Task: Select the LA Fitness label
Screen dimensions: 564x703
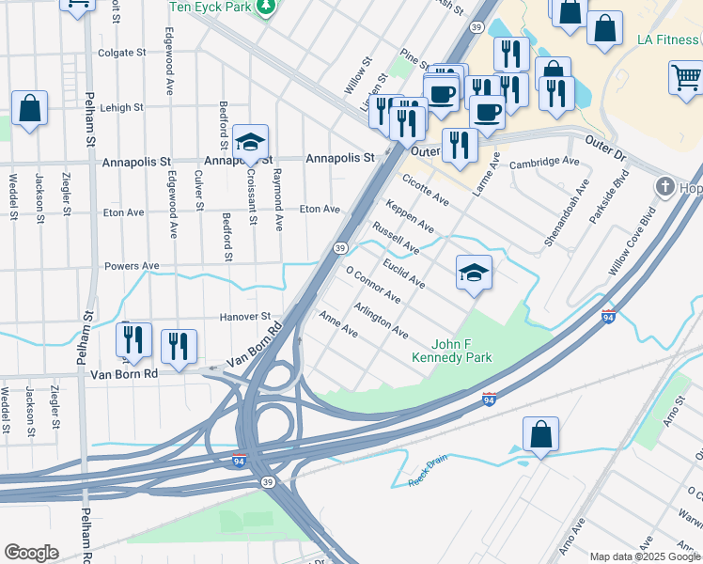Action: coord(666,39)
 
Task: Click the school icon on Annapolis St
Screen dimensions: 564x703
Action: coord(251,142)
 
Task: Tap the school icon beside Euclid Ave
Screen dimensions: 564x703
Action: coord(474,274)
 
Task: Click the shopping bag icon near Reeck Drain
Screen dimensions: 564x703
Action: coord(541,434)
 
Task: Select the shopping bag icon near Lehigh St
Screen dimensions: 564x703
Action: coord(30,109)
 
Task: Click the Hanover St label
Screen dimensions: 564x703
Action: coord(245,317)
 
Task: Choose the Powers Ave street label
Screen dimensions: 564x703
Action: coord(128,266)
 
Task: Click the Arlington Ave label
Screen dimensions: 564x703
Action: coord(381,321)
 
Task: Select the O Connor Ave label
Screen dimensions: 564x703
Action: coord(374,286)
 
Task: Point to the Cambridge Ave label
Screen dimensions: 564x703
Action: coord(544,163)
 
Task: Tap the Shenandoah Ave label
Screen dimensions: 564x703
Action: coord(562,213)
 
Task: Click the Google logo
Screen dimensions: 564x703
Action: coord(31,553)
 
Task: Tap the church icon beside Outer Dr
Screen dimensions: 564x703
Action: coord(666,186)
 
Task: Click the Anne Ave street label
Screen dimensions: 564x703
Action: coord(338,325)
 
